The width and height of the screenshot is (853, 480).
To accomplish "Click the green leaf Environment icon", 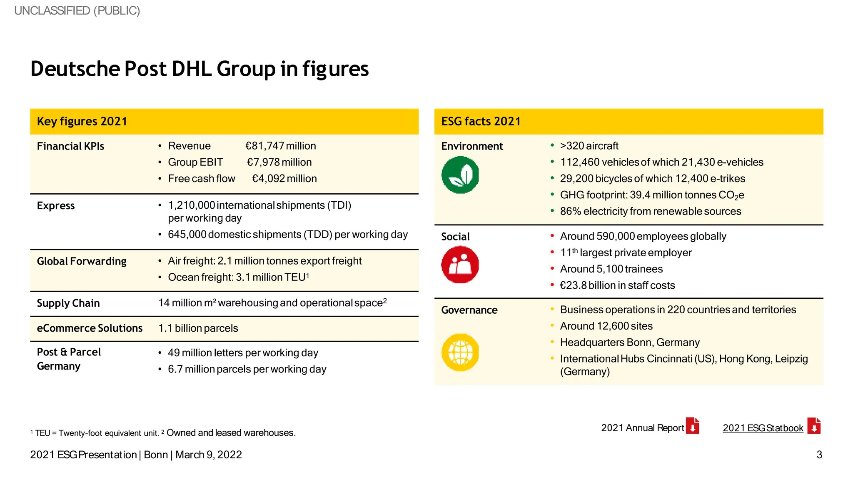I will tap(460, 175).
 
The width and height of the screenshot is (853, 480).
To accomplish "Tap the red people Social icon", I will tap(460, 265).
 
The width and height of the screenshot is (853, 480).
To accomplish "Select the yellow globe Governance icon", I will tap(460, 352).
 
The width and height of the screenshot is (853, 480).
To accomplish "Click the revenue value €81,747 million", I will tap(280, 146).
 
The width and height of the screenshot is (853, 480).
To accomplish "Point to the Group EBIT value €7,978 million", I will tap(279, 162).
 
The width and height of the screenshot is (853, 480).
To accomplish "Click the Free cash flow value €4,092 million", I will tap(284, 178).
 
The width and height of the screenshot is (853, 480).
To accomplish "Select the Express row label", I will tap(56, 206).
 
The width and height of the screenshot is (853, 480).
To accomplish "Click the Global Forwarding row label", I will tap(82, 261).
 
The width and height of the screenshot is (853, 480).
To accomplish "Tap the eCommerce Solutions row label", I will tap(90, 328).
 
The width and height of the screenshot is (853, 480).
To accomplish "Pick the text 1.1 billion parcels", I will tap(198, 328).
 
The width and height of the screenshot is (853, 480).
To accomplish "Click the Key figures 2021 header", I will tap(82, 121).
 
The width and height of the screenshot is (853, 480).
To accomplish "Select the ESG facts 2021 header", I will tap(481, 121).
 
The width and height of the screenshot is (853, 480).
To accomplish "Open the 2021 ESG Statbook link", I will tap(763, 428).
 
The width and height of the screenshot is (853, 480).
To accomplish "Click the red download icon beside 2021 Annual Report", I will tap(692, 426).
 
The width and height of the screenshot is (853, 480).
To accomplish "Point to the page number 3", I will tap(819, 455).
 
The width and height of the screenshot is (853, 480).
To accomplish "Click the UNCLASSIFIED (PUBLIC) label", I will tap(77, 10).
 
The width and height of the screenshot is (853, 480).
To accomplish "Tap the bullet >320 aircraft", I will tap(589, 146).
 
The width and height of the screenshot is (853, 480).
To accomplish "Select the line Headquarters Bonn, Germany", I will tap(629, 342).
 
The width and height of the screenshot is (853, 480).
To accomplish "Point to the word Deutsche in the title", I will tap(75, 69).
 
